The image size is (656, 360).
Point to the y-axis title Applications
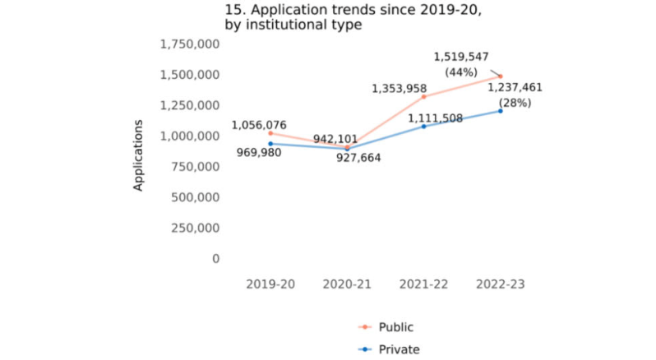click(139, 155)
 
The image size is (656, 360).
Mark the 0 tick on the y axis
click(216, 258)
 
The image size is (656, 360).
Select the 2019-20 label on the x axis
click(270, 284)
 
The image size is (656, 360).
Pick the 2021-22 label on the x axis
click(423, 284)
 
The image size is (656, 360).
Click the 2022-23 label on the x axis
click(500, 284)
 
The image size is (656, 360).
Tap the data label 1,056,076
click(259, 125)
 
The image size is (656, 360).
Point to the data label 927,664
click(364, 157)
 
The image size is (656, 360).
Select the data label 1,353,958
click(400, 88)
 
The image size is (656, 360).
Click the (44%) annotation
click(461, 72)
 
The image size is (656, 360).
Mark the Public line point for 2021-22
click(424, 97)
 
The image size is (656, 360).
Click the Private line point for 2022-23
click(501, 111)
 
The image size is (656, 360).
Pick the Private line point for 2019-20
click(270, 144)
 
